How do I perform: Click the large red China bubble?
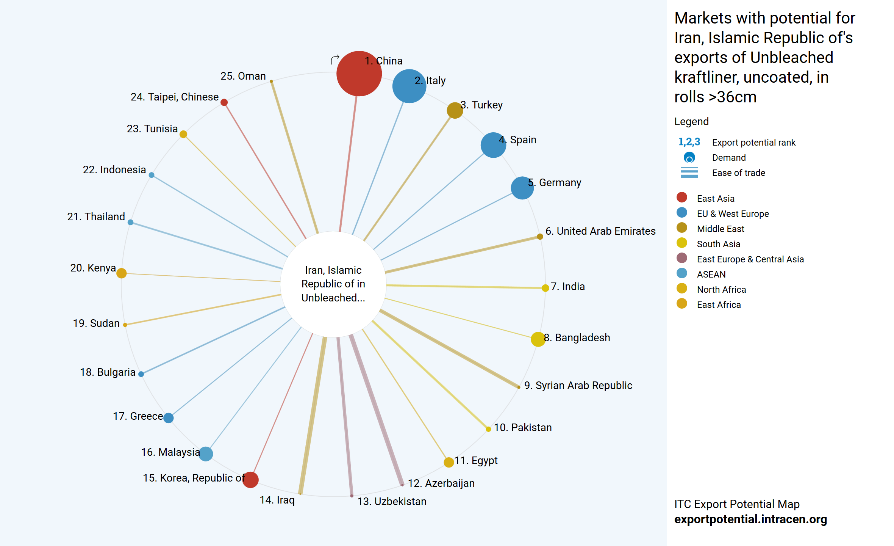tap(358, 74)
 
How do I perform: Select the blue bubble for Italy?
tap(409, 86)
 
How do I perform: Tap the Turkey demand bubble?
tap(455, 110)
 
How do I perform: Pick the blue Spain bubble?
tap(493, 145)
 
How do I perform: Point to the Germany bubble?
tap(522, 188)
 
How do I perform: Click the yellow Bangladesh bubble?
tap(538, 339)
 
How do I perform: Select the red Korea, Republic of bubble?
tap(250, 480)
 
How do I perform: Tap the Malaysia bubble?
tap(206, 453)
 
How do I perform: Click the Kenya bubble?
tap(122, 273)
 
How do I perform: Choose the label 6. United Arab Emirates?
tap(600, 231)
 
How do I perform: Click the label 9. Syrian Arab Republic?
tap(578, 386)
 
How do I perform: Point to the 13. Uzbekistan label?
tap(392, 502)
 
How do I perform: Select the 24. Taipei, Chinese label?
tap(175, 97)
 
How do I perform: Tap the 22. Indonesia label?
tap(114, 170)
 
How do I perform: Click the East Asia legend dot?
tap(682, 197)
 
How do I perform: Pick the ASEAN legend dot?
tap(682, 273)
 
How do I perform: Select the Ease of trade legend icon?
tap(689, 173)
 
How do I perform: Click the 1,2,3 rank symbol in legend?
tap(689, 142)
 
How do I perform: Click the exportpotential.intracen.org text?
tap(750, 519)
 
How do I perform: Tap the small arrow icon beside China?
tap(335, 60)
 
